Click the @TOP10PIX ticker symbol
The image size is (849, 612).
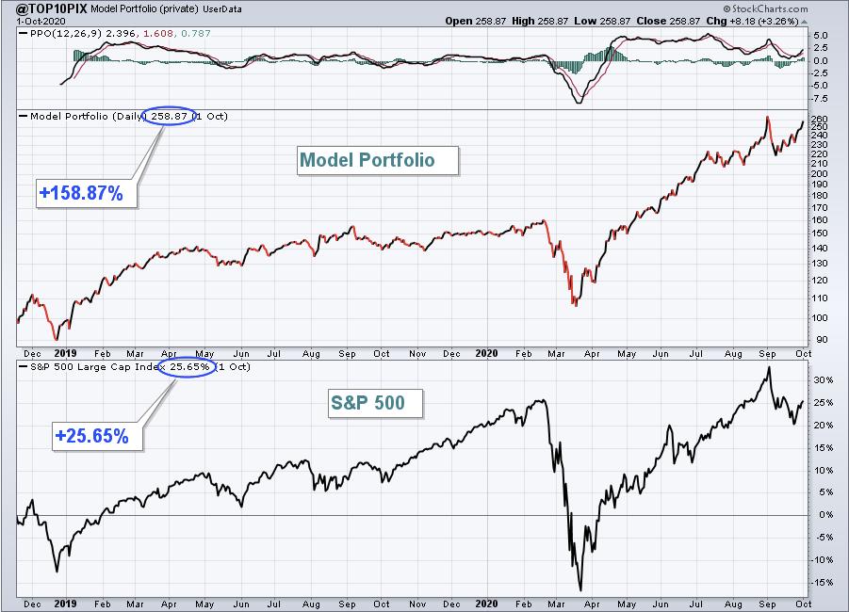click(46, 8)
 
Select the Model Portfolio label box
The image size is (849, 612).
click(367, 160)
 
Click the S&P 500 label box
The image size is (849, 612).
click(368, 404)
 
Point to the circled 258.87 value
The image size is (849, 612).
click(168, 116)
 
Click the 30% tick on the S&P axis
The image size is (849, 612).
click(822, 380)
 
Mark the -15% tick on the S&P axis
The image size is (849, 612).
click(822, 582)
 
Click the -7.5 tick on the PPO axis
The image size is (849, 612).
click(821, 98)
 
